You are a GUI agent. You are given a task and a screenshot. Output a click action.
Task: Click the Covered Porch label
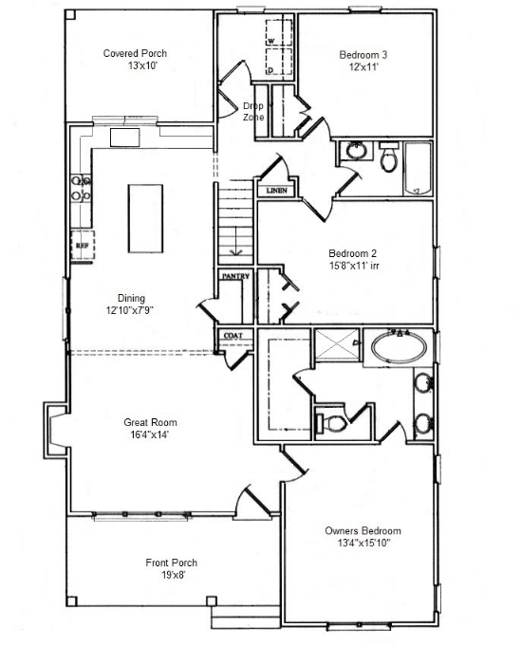tap(135, 53)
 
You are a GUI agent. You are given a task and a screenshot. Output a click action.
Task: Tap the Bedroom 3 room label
tap(363, 55)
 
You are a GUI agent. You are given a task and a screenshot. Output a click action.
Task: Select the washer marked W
tap(279, 32)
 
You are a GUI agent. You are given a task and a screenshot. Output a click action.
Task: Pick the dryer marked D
tap(279, 62)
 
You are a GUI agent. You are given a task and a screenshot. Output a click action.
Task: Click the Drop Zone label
tap(253, 111)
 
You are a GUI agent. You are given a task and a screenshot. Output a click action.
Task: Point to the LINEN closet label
tap(276, 191)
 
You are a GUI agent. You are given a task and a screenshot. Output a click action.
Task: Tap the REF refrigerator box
tap(83, 245)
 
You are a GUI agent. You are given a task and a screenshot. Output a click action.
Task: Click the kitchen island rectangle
tap(145, 218)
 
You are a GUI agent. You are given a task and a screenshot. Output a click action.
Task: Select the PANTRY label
tap(235, 276)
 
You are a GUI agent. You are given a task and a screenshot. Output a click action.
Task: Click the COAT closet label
tap(233, 336)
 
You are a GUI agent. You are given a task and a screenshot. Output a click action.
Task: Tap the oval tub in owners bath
tap(399, 347)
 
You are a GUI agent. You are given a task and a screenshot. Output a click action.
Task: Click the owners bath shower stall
tap(337, 343)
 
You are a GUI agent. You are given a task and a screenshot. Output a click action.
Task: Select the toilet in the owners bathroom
tap(331, 423)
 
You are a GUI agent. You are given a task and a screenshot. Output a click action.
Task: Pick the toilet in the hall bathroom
tap(388, 157)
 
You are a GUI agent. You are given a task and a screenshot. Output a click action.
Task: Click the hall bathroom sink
tap(356, 151)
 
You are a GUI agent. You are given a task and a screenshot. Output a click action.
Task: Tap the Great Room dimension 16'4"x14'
tap(147, 434)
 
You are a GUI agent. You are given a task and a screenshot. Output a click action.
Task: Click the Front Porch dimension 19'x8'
tap(173, 575)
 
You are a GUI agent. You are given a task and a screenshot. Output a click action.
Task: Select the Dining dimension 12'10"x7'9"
tap(130, 310)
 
